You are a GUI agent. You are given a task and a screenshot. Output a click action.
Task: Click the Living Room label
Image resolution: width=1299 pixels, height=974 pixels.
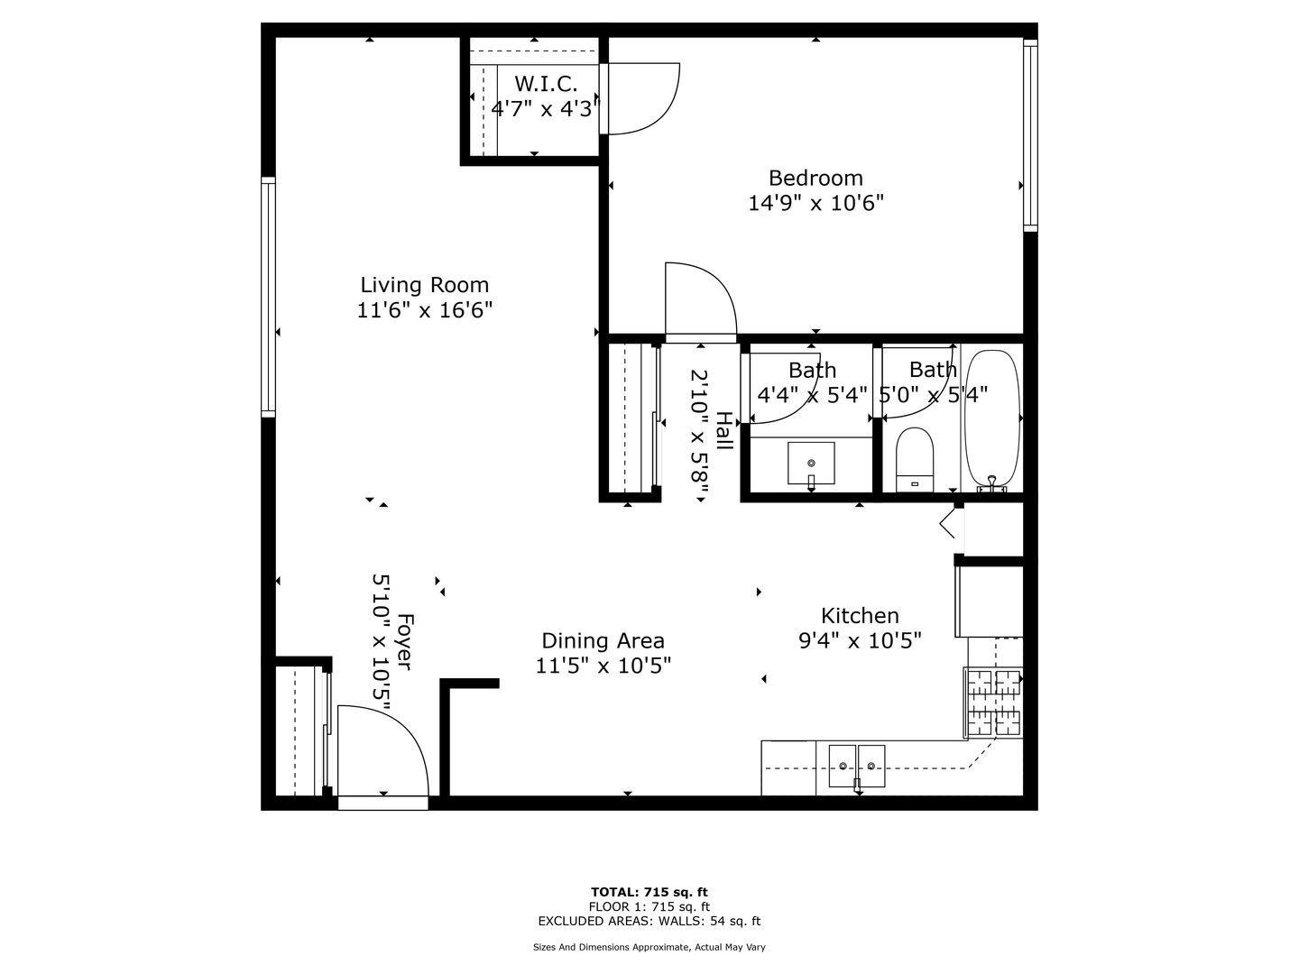pyautogui.click(x=424, y=285)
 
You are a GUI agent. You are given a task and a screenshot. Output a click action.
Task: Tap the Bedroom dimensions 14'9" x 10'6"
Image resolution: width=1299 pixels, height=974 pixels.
pyautogui.click(x=816, y=204)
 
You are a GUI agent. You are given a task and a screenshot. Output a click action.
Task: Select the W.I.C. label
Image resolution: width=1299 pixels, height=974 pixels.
pyautogui.click(x=546, y=84)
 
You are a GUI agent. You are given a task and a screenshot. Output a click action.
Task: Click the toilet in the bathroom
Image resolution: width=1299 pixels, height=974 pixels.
pyautogui.click(x=915, y=460)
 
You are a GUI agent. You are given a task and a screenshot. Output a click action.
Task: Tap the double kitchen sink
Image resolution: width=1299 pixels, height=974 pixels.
pyautogui.click(x=857, y=767)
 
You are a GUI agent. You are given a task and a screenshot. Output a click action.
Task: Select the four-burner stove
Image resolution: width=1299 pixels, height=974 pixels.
pyautogui.click(x=993, y=702)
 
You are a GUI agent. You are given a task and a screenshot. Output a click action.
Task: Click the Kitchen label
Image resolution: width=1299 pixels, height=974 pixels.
pyautogui.click(x=860, y=616)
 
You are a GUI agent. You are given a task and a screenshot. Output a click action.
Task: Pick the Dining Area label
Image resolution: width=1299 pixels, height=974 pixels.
pyautogui.click(x=603, y=640)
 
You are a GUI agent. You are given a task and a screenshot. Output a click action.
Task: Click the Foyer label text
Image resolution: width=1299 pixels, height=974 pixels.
pyautogui.click(x=404, y=641)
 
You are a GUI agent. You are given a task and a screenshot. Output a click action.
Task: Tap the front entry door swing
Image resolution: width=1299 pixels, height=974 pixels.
pyautogui.click(x=383, y=751)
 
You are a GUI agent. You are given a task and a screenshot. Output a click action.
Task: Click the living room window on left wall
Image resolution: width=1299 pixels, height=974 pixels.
pyautogui.click(x=268, y=297)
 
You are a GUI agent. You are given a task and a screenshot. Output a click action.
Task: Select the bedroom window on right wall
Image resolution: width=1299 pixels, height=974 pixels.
pyautogui.click(x=1030, y=135)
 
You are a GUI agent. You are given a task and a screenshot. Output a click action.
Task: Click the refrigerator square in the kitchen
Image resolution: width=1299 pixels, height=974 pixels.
pyautogui.click(x=989, y=602)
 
